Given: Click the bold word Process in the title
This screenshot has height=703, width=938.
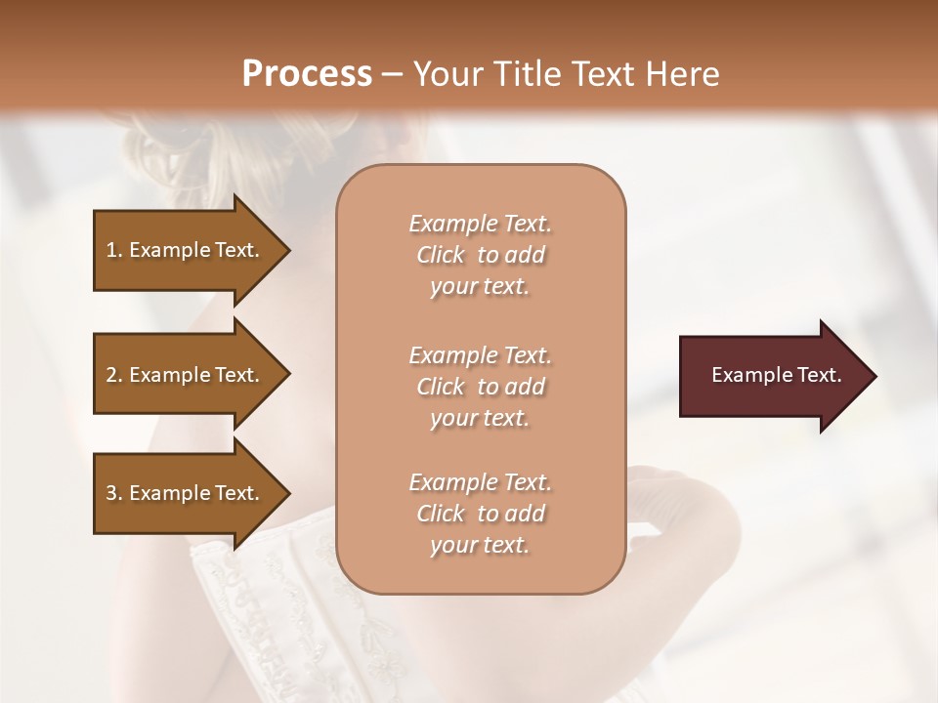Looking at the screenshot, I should tap(307, 74).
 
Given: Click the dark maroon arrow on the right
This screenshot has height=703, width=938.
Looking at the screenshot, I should tap(772, 376).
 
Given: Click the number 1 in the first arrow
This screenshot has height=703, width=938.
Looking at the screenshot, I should tap(111, 250).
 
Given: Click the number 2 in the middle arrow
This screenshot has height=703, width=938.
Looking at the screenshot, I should tap(111, 375).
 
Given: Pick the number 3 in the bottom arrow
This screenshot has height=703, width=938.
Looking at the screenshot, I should tap(111, 493).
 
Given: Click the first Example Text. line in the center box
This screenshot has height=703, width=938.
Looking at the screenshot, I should tap(480, 224).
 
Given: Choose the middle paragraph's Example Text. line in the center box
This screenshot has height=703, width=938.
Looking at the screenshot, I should tap(480, 355).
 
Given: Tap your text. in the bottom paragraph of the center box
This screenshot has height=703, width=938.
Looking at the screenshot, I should tap(480, 545).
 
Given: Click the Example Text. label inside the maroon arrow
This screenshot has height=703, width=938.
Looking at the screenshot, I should tap(776, 375).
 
